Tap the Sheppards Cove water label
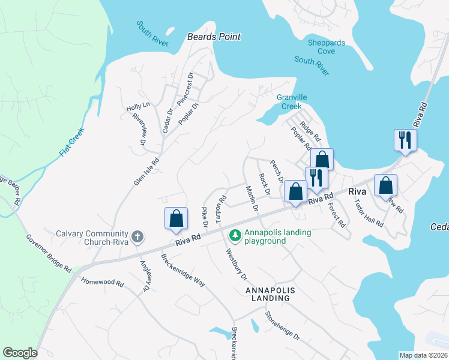click(x=326, y=47)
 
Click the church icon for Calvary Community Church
click(x=137, y=236)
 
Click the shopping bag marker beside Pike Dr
click(x=176, y=218)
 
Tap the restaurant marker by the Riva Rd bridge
click(x=405, y=140)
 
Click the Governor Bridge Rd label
click(x=49, y=251)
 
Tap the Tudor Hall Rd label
click(x=369, y=213)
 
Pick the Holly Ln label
click(x=137, y=107)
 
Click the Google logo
click(x=20, y=353)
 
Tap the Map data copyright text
click(x=423, y=355)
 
